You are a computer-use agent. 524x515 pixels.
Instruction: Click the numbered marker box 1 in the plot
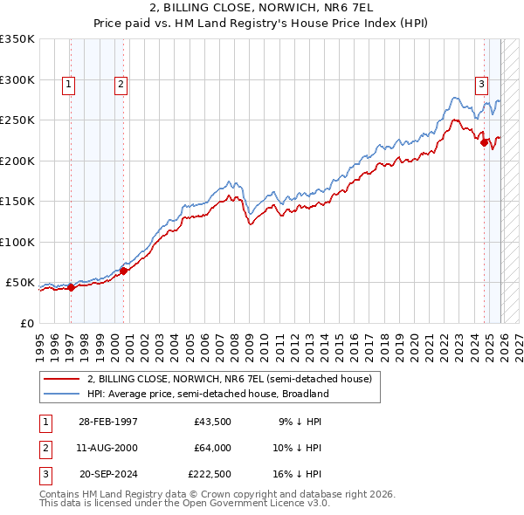pyautogui.click(x=69, y=85)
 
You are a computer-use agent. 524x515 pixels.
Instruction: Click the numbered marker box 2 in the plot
pyautogui.click(x=121, y=85)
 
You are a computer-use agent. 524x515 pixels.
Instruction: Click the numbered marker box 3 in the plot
pyautogui.click(x=481, y=85)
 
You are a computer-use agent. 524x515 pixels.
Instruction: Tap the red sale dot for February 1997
pyautogui.click(x=71, y=288)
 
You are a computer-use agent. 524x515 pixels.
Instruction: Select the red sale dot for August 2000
pyautogui.click(x=123, y=271)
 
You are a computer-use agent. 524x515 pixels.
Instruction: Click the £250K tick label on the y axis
pyautogui.click(x=17, y=120)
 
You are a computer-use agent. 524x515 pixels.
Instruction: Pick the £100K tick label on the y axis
pyautogui.click(x=17, y=242)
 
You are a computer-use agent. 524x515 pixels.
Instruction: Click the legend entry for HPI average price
pyautogui.click(x=207, y=394)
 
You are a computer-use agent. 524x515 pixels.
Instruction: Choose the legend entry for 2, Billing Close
pyautogui.click(x=229, y=379)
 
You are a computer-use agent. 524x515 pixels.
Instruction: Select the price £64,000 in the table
pyautogui.click(x=212, y=448)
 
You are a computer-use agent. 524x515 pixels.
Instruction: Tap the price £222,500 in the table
pyautogui.click(x=210, y=475)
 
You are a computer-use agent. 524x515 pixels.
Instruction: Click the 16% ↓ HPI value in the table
pyautogui.click(x=297, y=475)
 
